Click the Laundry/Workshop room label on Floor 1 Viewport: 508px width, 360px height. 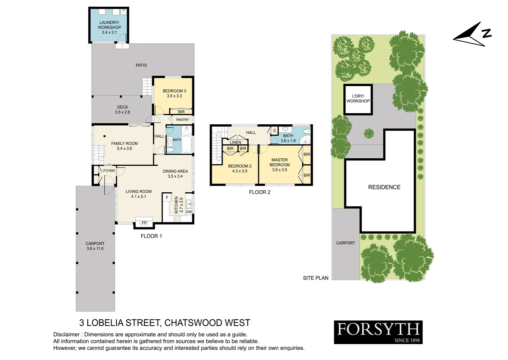(109, 25)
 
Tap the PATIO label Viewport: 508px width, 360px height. (141, 65)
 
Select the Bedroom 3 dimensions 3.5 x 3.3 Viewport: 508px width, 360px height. (174, 96)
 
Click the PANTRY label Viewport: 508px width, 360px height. (183, 120)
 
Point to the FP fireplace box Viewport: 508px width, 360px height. (144, 223)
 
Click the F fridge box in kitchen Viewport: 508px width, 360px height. (167, 198)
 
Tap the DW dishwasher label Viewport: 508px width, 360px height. (189, 212)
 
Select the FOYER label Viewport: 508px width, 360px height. (109, 171)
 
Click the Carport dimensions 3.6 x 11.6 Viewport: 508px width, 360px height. (95, 249)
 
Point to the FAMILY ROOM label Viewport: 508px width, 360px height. (124, 144)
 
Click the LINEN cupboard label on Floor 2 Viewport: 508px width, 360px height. (236, 142)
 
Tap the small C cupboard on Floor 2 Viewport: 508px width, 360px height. (274, 131)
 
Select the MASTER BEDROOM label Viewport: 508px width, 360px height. (279, 162)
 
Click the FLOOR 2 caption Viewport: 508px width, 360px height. (259, 192)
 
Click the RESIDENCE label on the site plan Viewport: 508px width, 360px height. (384, 187)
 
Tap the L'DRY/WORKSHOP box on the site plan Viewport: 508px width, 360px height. (358, 99)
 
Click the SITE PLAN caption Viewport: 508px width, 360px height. (315, 278)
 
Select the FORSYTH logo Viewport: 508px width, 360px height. (378, 332)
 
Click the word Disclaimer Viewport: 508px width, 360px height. (66, 335)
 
